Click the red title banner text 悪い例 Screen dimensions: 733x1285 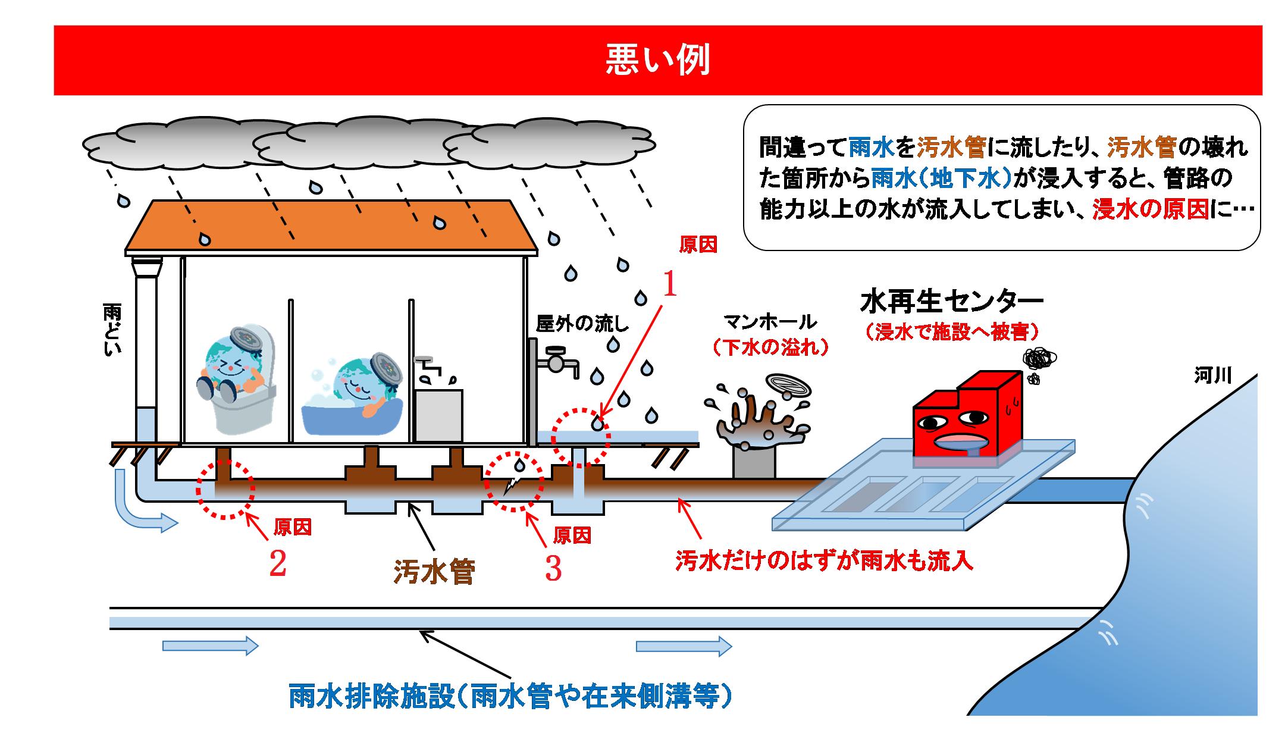pyautogui.click(x=657, y=60)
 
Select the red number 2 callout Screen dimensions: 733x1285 pyautogui.click(x=277, y=564)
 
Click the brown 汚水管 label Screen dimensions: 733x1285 pyautogui.click(x=434, y=572)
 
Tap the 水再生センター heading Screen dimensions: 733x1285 pyautogui.click(x=951, y=302)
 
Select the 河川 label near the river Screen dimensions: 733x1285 pyautogui.click(x=1212, y=375)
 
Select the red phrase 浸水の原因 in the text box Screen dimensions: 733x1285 pyautogui.click(x=1151, y=209)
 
